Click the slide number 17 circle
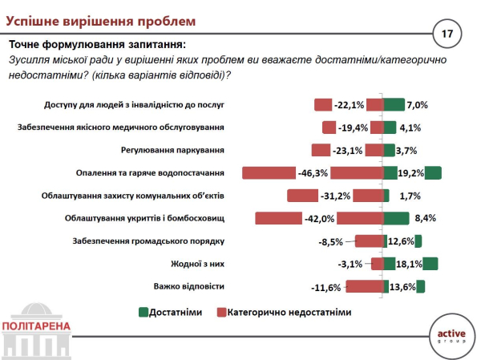tap(447, 34)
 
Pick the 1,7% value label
tap(410, 195)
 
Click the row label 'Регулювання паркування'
tap(172, 150)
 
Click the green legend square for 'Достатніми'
tap(143, 312)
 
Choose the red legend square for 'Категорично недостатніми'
tap(221, 312)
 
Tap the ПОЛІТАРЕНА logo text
tap(37, 326)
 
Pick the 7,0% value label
tap(418, 104)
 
